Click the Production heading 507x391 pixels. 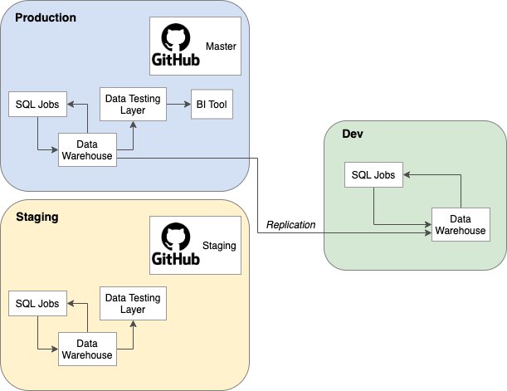click(x=46, y=17)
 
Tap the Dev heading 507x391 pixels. click(x=353, y=134)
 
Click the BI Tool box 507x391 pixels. click(x=211, y=105)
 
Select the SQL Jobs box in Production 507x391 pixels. click(x=37, y=105)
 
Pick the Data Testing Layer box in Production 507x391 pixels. click(x=133, y=105)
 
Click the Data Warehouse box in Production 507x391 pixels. click(x=87, y=150)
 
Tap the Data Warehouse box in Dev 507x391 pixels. click(x=460, y=225)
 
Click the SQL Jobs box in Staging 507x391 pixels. click(x=37, y=304)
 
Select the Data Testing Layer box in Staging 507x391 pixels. click(x=133, y=304)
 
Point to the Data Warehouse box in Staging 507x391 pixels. click(x=87, y=349)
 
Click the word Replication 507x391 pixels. click(x=290, y=225)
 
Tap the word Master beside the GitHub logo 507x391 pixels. click(x=221, y=46)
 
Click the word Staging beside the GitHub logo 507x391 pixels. click(x=219, y=246)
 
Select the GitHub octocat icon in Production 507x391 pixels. click(x=174, y=37)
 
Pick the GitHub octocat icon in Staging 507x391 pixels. click(x=174, y=236)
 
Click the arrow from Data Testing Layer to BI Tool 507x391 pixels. click(x=178, y=105)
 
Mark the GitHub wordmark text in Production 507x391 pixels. click(x=174, y=60)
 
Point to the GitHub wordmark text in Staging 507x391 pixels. click(x=174, y=259)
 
